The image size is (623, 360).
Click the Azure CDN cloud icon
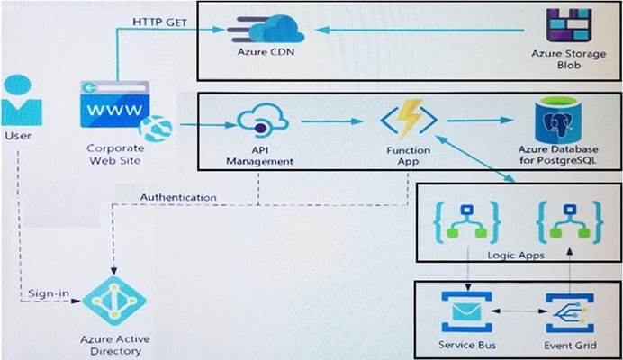266,29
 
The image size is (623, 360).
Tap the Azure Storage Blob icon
569,25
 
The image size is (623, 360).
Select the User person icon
22,101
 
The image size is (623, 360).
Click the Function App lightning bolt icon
409,119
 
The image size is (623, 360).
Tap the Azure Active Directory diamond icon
114,301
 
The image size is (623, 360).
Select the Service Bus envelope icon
467,312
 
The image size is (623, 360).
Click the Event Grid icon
570,313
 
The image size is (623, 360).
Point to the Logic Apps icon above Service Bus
467,222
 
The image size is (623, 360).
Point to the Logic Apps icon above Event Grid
570,222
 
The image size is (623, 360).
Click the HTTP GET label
159,22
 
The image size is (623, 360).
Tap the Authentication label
178,197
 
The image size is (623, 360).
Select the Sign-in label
49,293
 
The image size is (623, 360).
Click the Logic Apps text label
516,255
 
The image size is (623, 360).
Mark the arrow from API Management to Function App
332,121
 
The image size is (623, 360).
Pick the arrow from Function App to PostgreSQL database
481,120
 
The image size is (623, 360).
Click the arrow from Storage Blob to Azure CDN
420,30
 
